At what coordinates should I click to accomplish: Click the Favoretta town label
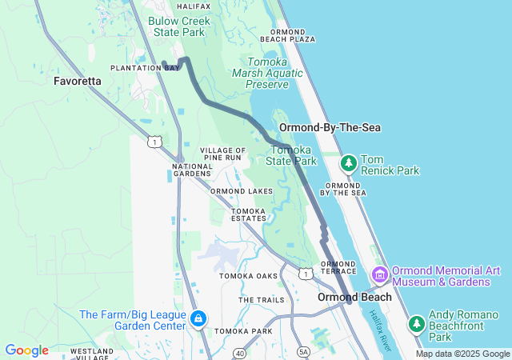(78, 81)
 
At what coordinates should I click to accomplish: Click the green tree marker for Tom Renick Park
(349, 163)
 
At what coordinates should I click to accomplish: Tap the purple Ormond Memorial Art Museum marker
(379, 275)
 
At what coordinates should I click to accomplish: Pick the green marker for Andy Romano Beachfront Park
(416, 323)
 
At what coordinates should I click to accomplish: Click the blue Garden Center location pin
(198, 320)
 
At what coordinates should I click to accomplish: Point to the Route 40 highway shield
(239, 353)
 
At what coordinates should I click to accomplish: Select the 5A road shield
(302, 351)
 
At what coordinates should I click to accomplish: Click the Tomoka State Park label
(292, 155)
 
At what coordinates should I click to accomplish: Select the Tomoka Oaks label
(249, 276)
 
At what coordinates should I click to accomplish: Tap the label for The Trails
(261, 300)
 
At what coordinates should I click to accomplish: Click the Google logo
(26, 350)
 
